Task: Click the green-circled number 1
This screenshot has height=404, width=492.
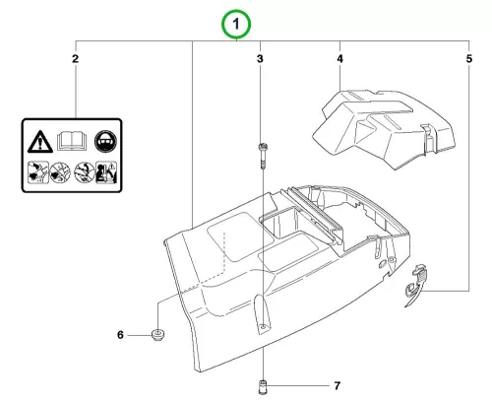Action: [236, 24]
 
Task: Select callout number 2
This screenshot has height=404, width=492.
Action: [76, 59]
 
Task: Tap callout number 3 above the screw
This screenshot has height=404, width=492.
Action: [260, 59]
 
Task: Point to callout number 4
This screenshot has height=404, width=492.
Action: [340, 59]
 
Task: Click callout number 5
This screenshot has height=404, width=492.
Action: [469, 59]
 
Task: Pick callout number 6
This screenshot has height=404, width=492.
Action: [120, 335]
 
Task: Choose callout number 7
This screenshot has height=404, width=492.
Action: [338, 385]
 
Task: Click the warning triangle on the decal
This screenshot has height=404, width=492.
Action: [40, 142]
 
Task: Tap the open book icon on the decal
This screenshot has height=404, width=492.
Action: [72, 141]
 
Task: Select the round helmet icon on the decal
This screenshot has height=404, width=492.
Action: [105, 142]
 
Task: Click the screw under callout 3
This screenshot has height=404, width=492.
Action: [262, 156]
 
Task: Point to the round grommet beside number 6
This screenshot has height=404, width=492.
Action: [157, 334]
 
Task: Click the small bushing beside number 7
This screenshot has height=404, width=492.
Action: [263, 387]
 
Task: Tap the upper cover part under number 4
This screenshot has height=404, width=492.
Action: [384, 129]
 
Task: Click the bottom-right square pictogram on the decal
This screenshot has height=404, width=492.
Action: [106, 172]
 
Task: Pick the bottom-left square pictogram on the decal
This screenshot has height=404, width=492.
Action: [38, 172]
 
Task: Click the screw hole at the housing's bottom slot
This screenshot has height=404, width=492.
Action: [263, 326]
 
